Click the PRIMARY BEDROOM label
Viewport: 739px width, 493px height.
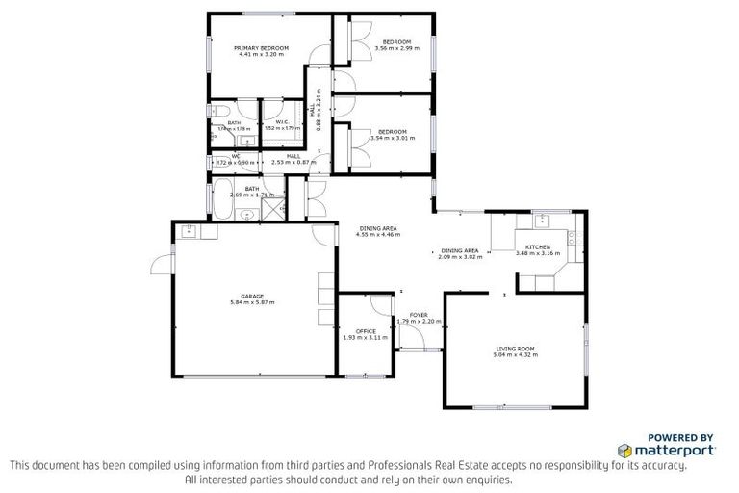click(257, 47)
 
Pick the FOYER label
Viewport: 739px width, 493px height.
click(419, 315)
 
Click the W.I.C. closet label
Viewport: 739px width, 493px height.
click(283, 121)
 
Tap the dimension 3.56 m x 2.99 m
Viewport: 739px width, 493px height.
click(396, 48)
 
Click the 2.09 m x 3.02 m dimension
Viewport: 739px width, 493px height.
click(459, 257)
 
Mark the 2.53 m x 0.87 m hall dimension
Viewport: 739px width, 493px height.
click(293, 161)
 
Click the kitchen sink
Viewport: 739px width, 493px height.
click(543, 219)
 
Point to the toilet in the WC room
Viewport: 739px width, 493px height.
click(217, 162)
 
